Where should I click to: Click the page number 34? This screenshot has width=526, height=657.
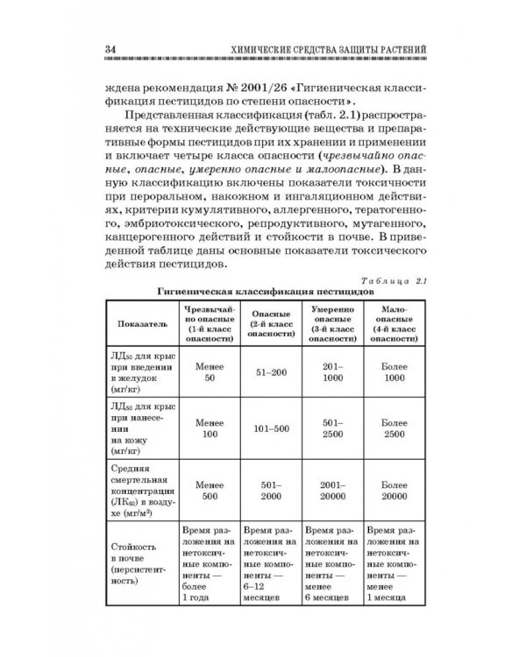[x=111, y=47]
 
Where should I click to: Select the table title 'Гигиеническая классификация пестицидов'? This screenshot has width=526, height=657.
[x=266, y=291]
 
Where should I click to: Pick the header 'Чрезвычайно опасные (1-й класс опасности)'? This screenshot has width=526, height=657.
[x=208, y=323]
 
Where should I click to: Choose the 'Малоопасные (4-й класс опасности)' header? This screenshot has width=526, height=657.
[x=394, y=323]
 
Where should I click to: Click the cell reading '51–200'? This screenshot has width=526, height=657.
[x=271, y=373]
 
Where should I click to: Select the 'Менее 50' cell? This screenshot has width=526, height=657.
[x=209, y=373]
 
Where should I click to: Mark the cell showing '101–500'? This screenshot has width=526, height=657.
[x=271, y=429]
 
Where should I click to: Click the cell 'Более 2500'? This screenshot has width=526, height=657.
[x=394, y=429]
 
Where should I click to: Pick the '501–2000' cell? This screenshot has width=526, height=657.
[x=271, y=489]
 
